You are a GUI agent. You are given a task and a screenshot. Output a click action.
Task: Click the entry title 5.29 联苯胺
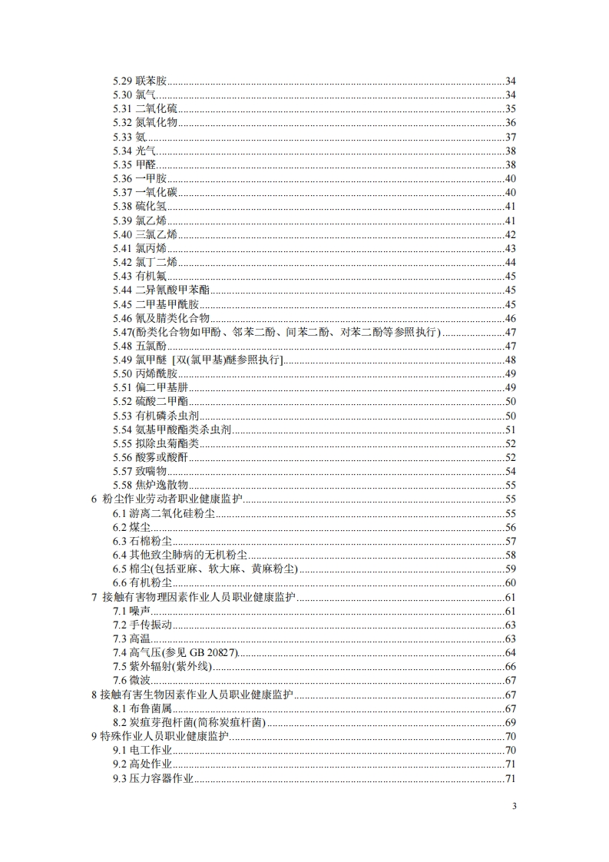(x=140, y=81)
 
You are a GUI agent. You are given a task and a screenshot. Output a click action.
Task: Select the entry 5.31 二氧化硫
(x=144, y=108)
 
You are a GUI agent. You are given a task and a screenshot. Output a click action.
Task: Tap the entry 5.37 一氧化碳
(x=144, y=192)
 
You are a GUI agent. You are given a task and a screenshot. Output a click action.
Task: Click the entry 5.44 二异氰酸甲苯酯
(x=161, y=290)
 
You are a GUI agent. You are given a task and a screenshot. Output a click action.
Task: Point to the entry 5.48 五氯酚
(x=140, y=346)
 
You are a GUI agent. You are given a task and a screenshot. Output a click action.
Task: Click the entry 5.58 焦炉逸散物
(x=151, y=486)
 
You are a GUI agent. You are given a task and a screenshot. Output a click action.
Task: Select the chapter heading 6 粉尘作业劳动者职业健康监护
(x=166, y=499)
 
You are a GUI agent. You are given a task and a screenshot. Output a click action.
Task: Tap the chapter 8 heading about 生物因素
(x=192, y=695)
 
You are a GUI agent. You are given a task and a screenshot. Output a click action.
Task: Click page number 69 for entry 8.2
(x=510, y=723)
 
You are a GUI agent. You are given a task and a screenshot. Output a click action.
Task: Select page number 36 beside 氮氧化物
(x=510, y=123)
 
